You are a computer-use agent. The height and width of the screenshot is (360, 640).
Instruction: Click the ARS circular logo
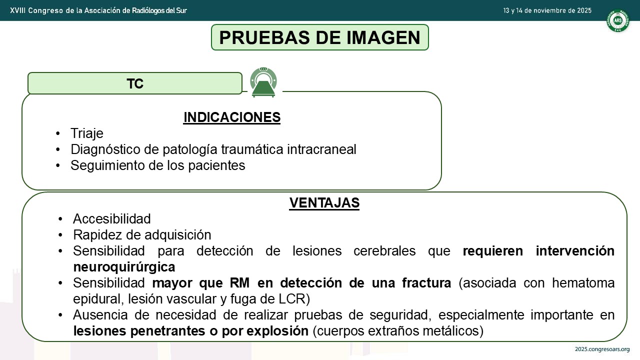(x=617, y=20)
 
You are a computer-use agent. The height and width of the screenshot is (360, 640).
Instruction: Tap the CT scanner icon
(x=263, y=82)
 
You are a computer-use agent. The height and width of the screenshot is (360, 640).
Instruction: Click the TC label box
(x=135, y=83)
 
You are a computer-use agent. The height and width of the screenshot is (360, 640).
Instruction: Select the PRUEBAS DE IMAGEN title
(x=319, y=37)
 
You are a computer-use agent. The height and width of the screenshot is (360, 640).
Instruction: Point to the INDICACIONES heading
(x=232, y=117)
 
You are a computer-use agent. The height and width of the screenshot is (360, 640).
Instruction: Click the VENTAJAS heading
(x=324, y=203)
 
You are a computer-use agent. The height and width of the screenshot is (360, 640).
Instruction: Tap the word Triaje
(x=87, y=133)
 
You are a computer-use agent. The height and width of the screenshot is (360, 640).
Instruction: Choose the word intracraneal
(x=321, y=149)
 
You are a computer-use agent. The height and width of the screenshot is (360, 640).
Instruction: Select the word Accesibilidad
(x=111, y=219)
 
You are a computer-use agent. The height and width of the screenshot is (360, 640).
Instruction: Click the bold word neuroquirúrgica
(x=124, y=267)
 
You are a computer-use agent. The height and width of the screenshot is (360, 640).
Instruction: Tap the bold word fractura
(x=426, y=283)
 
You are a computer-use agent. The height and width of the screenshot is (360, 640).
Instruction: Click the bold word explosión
(x=277, y=331)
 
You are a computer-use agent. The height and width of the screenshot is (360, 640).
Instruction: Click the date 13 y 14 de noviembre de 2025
(x=547, y=10)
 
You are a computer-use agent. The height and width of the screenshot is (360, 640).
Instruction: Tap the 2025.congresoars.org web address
(x=602, y=349)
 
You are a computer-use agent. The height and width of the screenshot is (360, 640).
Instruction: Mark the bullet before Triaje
(x=58, y=133)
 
